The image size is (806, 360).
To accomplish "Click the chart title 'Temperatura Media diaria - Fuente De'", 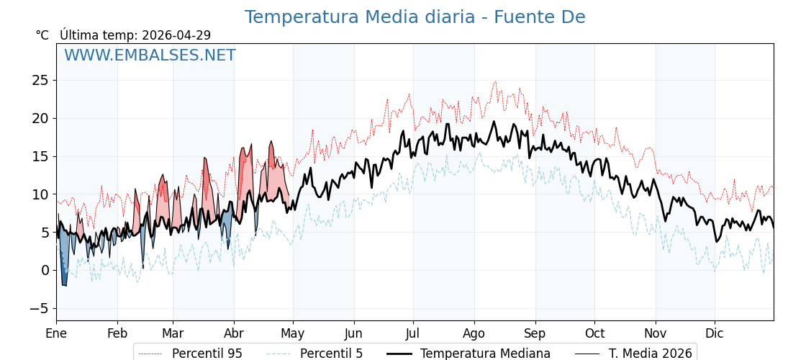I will pyautogui.click(x=415, y=17).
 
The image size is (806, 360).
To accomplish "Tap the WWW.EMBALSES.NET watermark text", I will pyautogui.click(x=150, y=55).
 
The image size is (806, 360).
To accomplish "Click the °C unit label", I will pyautogui.click(x=42, y=35).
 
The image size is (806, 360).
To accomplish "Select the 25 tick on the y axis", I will pyautogui.click(x=40, y=80).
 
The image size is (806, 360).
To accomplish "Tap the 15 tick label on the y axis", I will pyautogui.click(x=40, y=156).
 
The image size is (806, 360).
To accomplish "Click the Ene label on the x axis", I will pyautogui.click(x=56, y=333).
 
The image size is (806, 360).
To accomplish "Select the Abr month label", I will pyautogui.click(x=234, y=333).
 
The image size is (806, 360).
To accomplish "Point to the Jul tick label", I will pyautogui.click(x=413, y=333).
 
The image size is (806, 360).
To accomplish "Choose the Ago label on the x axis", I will pyautogui.click(x=474, y=333).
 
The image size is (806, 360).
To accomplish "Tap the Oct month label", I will pyautogui.click(x=594, y=333).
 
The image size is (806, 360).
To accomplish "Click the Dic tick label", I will pyautogui.click(x=715, y=333).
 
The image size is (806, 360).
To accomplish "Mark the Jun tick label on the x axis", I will pyautogui.click(x=353, y=333).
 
